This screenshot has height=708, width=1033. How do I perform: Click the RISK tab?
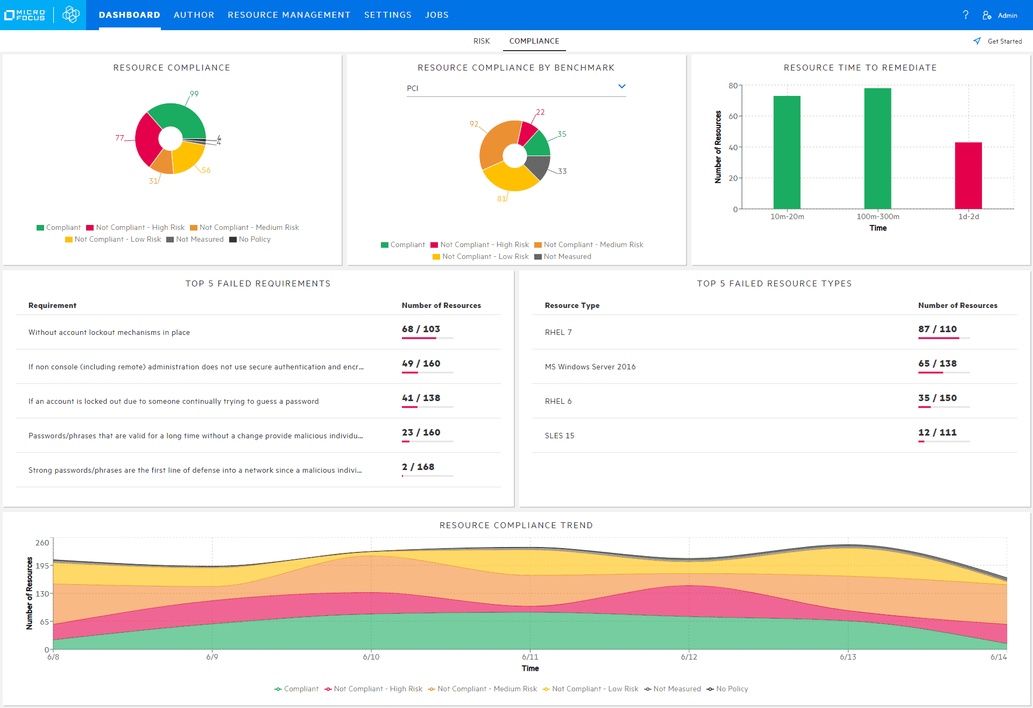[481, 41]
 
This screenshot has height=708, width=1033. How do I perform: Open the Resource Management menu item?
[289, 15]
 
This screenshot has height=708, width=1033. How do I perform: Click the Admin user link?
[1000, 16]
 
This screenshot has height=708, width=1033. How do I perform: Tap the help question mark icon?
[966, 15]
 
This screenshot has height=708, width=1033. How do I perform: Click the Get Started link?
[998, 41]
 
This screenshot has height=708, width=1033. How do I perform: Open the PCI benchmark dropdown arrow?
[621, 87]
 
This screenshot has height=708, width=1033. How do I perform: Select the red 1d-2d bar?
[968, 176]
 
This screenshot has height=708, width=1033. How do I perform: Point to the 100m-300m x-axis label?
[878, 216]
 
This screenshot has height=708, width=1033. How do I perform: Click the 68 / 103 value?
[421, 329]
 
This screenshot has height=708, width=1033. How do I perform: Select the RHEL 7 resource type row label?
[558, 332]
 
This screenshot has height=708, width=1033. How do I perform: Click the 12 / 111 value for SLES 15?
[937, 432]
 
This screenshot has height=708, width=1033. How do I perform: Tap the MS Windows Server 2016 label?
[590, 367]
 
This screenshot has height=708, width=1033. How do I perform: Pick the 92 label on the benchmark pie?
[473, 124]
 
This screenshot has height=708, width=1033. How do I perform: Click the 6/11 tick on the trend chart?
[530, 657]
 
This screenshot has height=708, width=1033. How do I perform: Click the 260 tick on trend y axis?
[42, 543]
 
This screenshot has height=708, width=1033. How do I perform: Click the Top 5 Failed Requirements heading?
[258, 284]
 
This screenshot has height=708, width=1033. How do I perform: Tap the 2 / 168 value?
[418, 467]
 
